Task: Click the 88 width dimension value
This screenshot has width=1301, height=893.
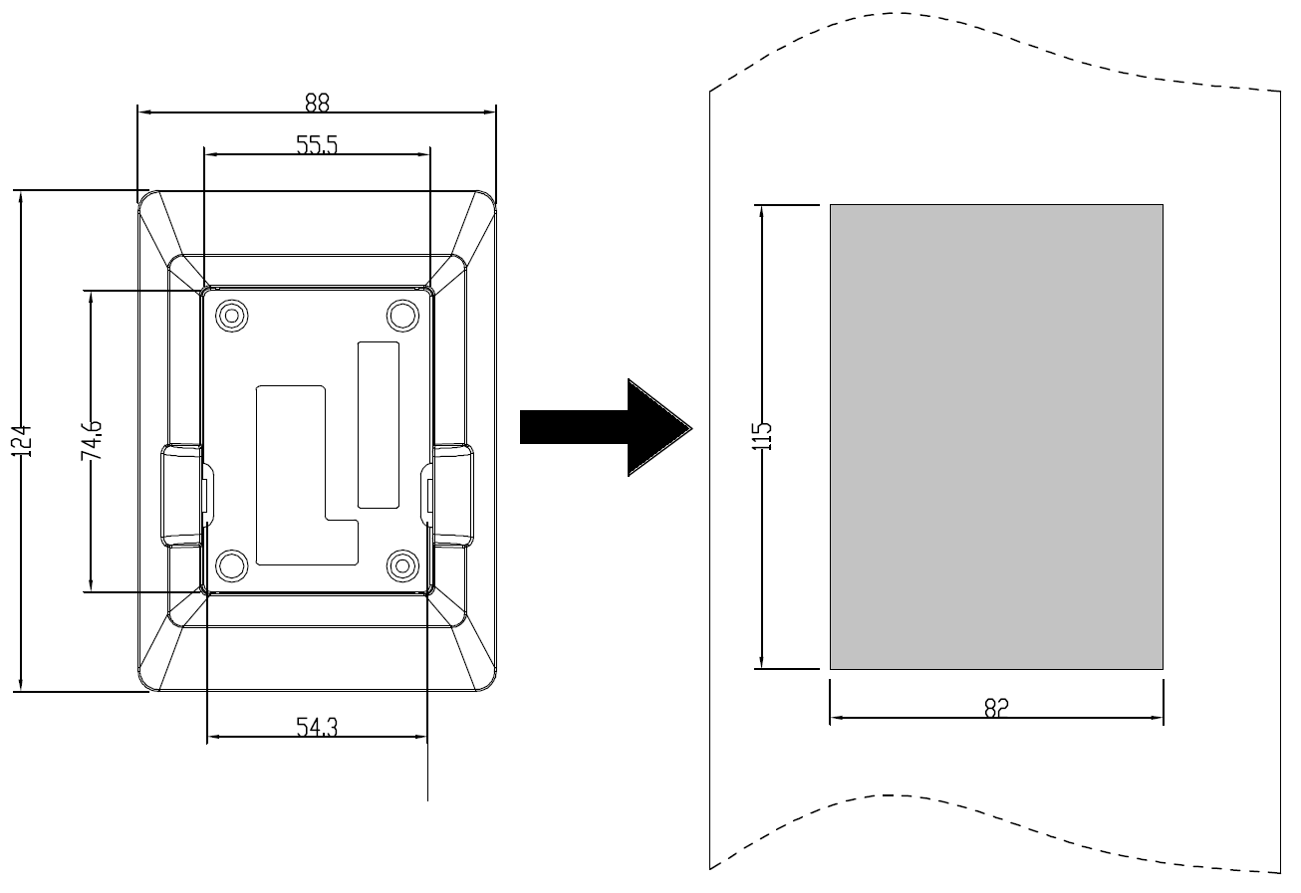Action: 317,102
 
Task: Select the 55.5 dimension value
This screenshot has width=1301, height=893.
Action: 317,145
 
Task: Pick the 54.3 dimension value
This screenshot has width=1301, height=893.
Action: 317,728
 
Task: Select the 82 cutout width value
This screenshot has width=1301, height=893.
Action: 996,707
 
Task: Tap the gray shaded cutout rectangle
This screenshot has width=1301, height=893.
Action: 996,436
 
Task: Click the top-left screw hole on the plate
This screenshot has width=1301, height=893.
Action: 232,315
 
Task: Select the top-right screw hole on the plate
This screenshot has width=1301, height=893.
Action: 402,315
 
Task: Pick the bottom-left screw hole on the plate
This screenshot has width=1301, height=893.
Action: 232,565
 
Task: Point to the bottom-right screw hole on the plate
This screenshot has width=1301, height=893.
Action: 402,565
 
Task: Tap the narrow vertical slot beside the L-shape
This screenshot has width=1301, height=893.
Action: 378,423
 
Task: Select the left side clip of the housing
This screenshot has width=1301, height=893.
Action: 182,496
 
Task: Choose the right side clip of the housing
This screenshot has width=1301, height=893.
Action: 451,496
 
